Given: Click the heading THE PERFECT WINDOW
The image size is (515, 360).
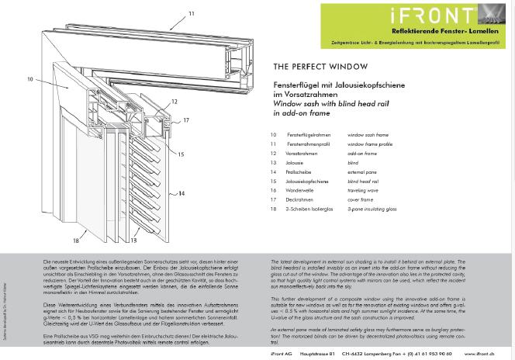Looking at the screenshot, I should pos(309,67).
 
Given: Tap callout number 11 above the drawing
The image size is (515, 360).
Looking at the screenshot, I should pos(192,14).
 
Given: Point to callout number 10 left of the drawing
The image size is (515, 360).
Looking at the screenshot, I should pos(30,79).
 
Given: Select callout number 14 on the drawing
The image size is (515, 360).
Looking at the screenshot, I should pos(181,193).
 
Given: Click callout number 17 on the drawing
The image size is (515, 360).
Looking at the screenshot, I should pos(186,120).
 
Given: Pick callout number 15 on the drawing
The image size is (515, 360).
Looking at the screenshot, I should pos(181,154).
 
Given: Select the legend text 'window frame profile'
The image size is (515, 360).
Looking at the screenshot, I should pos(369,144).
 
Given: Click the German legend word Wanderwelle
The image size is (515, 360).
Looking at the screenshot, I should pos(301,190).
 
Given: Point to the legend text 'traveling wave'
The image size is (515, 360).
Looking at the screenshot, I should pos(363,190).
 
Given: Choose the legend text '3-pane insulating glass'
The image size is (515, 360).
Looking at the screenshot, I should pos(372,209).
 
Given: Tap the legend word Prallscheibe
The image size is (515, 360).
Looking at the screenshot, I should pos(299,172).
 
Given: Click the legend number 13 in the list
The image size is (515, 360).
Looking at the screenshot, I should pos(274,163).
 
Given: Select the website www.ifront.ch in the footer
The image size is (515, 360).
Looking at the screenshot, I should pos(480,353).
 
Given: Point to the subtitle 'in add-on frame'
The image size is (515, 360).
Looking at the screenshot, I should pos(302,113).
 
